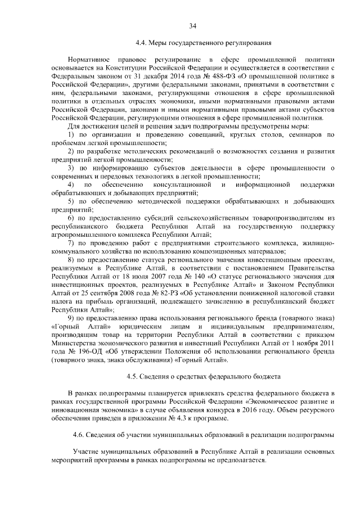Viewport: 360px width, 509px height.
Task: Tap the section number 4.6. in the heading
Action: pos(80,435)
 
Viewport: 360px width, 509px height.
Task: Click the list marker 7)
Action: pos(71,243)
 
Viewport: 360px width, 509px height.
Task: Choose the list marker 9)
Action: pos(71,318)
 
